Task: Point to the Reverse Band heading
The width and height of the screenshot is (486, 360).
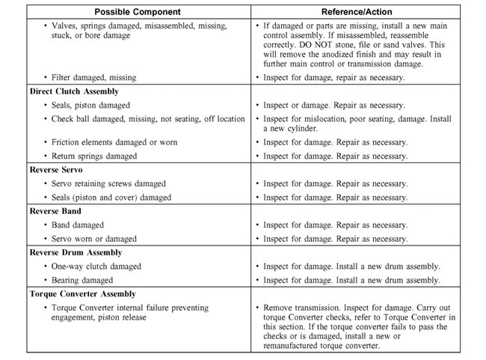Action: (x=52, y=211)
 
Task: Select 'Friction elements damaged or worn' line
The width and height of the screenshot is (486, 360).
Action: (x=120, y=142)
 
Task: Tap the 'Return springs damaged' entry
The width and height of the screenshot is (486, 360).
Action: (x=94, y=156)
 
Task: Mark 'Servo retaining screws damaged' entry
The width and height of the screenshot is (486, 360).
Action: (x=111, y=183)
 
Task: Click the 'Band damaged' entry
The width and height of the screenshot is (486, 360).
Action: (x=78, y=225)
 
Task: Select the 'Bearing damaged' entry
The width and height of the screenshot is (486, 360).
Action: (x=83, y=280)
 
